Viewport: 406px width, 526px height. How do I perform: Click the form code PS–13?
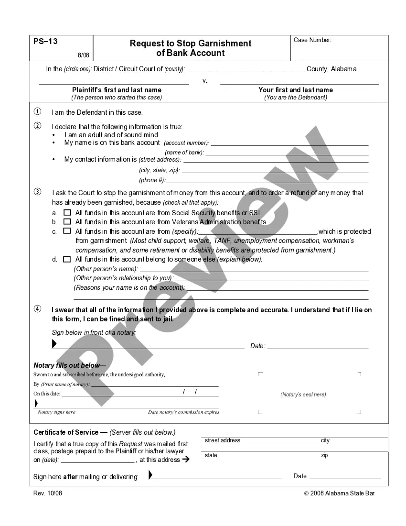(x=45, y=42)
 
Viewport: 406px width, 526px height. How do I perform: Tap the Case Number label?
(x=312, y=40)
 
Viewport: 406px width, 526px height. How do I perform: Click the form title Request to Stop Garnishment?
(x=190, y=44)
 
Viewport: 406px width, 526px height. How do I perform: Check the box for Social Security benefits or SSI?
(x=67, y=212)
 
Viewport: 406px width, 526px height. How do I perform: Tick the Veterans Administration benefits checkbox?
(x=67, y=222)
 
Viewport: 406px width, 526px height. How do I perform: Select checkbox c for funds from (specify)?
(x=67, y=231)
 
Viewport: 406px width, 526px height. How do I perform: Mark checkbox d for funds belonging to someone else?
(x=67, y=259)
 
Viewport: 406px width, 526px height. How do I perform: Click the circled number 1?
(x=37, y=112)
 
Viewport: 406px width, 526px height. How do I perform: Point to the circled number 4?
(x=37, y=309)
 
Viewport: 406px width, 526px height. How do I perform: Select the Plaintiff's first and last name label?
(x=117, y=90)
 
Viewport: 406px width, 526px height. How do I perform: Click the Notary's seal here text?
(x=303, y=394)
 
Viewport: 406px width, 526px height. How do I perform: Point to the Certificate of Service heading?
(x=66, y=432)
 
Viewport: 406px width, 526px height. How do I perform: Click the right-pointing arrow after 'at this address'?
(x=186, y=460)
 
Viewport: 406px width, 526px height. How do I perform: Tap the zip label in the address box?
(x=324, y=456)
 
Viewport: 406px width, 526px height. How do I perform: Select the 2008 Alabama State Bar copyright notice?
(x=340, y=493)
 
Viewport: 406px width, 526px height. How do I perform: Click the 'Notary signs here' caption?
(x=56, y=412)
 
